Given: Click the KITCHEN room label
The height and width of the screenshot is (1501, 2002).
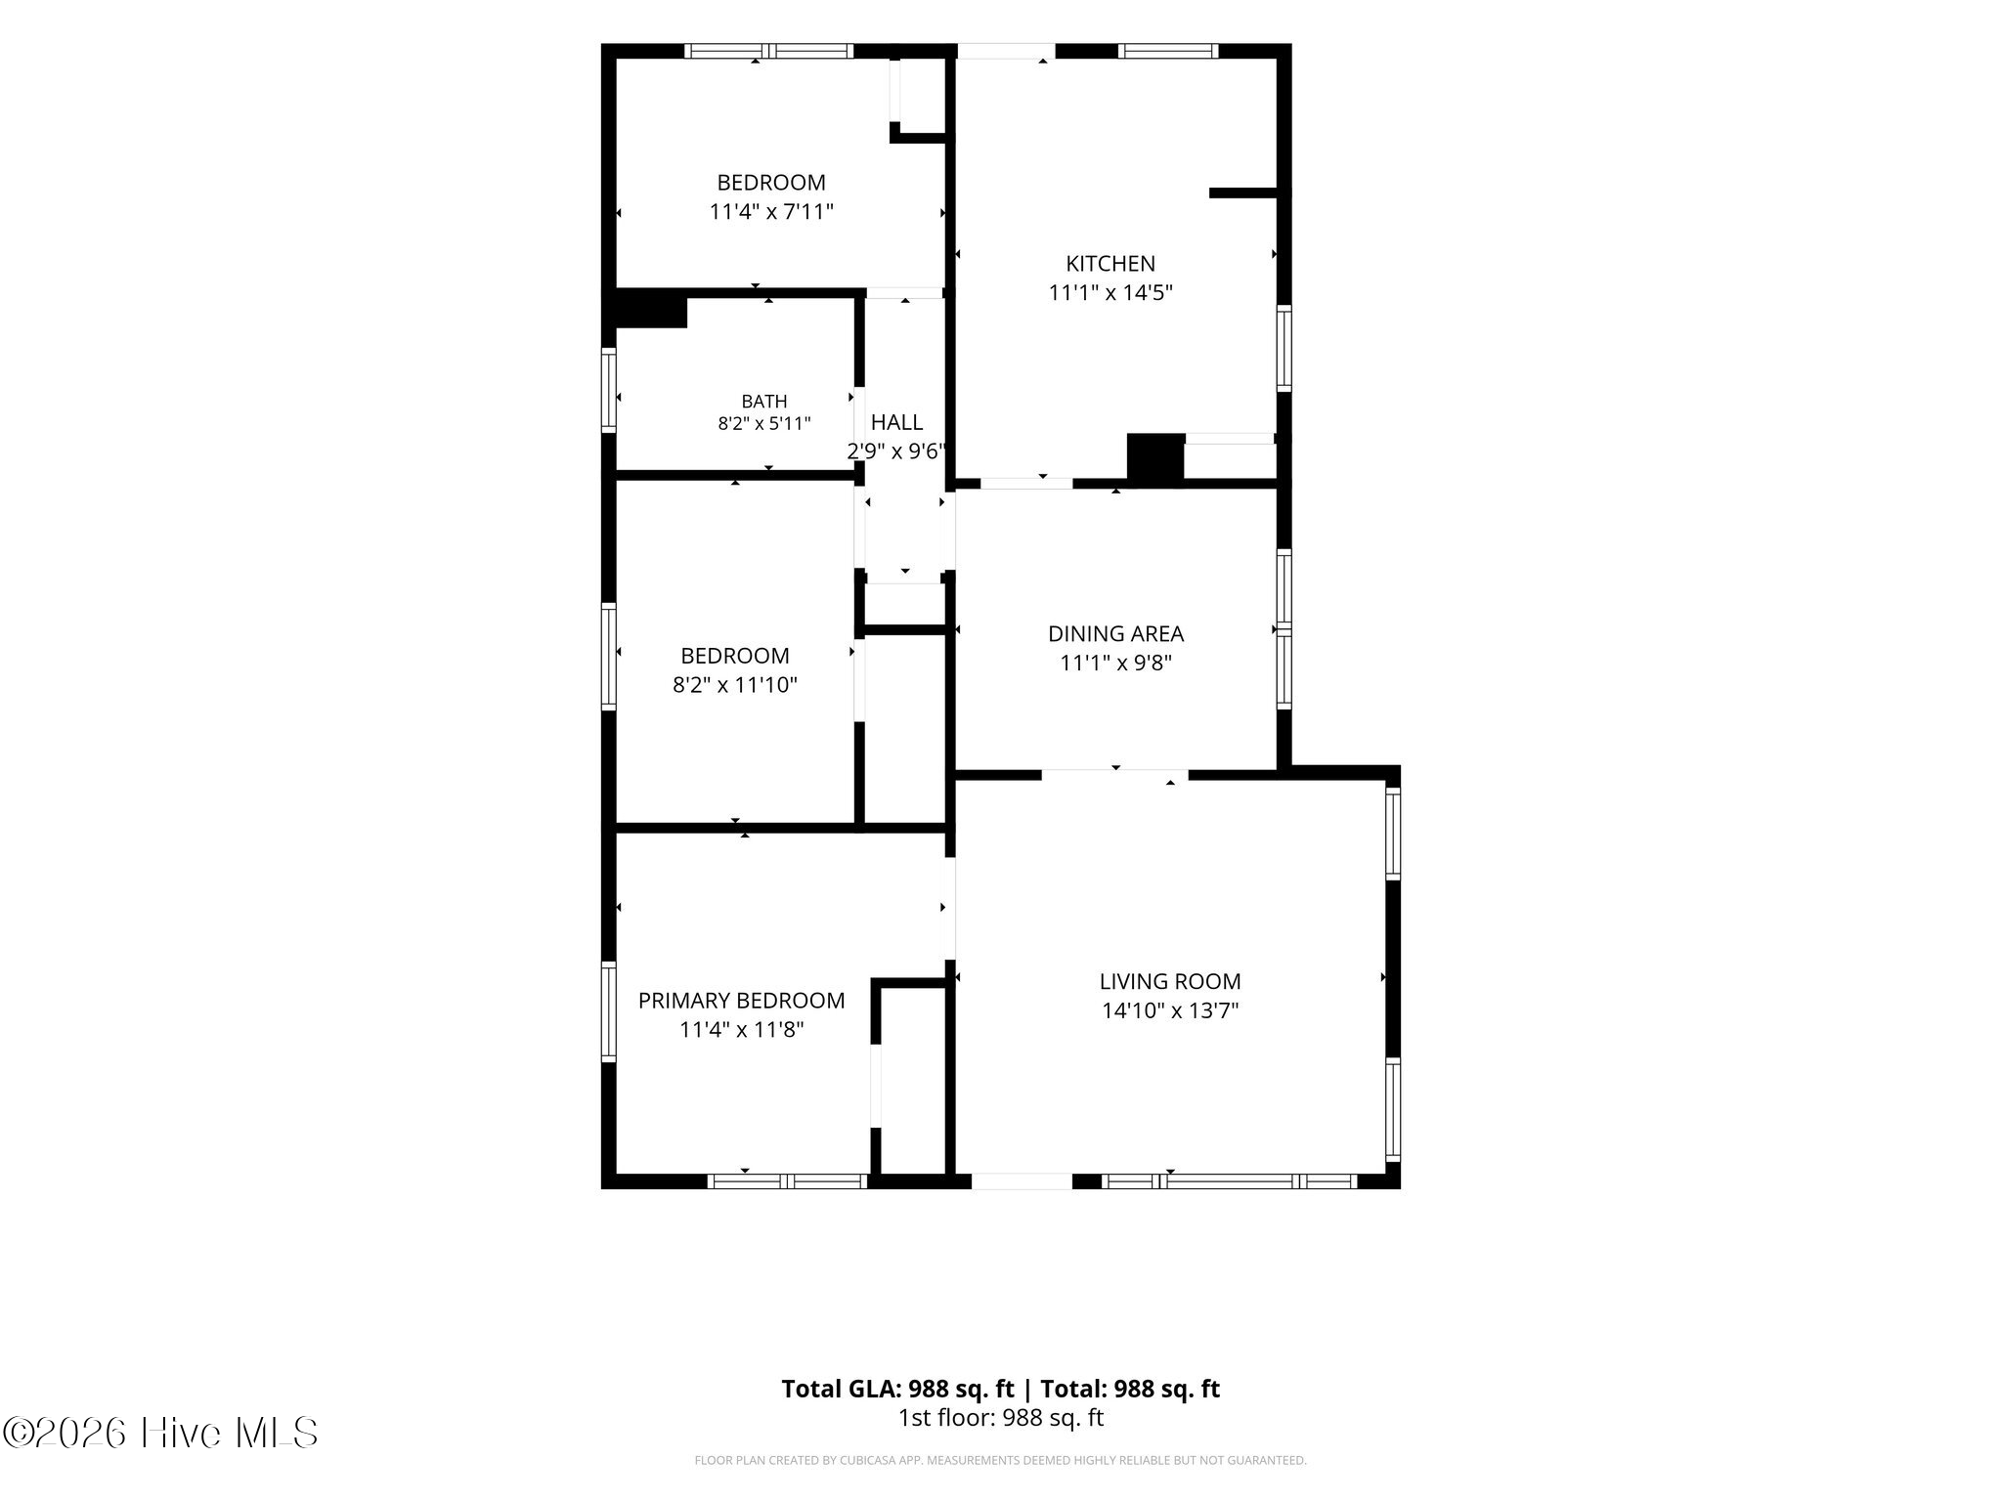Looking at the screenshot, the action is pyautogui.click(x=1110, y=264).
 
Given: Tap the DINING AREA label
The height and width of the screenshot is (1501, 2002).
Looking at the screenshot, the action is pyautogui.click(x=1115, y=634).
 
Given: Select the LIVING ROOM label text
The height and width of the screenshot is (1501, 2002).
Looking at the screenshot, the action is pyautogui.click(x=1170, y=981).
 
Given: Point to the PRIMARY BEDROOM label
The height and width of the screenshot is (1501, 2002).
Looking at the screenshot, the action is pyautogui.click(x=741, y=1001).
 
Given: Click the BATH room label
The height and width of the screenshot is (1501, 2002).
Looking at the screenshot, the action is pyautogui.click(x=764, y=402).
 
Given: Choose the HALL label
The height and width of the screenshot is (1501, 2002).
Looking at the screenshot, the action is pyautogui.click(x=896, y=422).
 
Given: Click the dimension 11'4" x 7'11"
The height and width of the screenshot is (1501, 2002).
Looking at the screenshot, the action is pyautogui.click(x=771, y=212).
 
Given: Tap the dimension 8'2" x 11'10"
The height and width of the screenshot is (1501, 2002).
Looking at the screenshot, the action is pyautogui.click(x=735, y=685).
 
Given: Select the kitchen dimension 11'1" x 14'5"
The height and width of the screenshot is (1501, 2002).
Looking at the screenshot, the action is pyautogui.click(x=1110, y=292).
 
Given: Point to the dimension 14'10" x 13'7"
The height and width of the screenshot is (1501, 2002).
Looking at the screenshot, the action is pyautogui.click(x=1170, y=1010).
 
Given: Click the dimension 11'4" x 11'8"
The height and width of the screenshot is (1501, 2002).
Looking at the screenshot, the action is pyautogui.click(x=742, y=1030).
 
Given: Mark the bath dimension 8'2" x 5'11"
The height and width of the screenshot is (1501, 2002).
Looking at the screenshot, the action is pyautogui.click(x=764, y=424).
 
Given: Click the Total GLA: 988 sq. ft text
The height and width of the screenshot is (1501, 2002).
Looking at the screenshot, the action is pyautogui.click(x=897, y=1389).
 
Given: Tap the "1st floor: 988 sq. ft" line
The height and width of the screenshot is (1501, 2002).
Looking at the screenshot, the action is pyautogui.click(x=1001, y=1418).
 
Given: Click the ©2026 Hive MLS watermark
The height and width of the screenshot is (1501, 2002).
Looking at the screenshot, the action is pyautogui.click(x=160, y=1434).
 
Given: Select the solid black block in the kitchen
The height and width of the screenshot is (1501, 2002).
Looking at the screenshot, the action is pyautogui.click(x=1155, y=457).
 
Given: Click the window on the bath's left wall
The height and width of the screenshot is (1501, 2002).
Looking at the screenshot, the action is pyautogui.click(x=608, y=390).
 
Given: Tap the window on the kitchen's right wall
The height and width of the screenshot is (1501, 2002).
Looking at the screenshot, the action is pyautogui.click(x=1284, y=348).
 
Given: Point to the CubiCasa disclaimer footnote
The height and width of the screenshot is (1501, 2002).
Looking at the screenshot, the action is pyautogui.click(x=1000, y=1461).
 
